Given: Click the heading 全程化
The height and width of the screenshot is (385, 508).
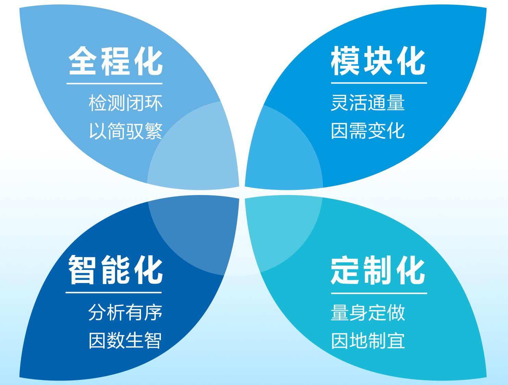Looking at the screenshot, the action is tap(115, 61).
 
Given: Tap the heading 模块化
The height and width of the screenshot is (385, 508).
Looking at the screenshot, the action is tap(378, 61).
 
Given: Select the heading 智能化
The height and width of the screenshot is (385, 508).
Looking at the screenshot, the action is tap(115, 270).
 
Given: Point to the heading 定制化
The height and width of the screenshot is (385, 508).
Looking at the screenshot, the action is tap(378, 270).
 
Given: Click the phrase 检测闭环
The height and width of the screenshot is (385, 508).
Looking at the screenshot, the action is tap(125, 103).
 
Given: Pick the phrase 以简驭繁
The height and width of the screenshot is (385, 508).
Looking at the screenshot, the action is tap(126, 131).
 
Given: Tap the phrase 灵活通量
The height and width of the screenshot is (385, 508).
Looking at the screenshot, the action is tap(368, 103).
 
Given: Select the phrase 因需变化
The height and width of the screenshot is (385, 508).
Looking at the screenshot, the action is tap(368, 131).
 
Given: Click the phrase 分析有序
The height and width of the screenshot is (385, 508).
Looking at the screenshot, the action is tap(125, 312).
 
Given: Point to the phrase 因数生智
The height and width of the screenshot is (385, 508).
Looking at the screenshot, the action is tap(125, 341).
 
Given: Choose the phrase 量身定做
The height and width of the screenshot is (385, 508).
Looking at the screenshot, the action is tap(368, 312).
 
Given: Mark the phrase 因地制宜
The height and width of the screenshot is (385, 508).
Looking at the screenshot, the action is tap(368, 341).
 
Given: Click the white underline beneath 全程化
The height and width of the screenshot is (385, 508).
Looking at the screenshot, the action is tap(114, 84).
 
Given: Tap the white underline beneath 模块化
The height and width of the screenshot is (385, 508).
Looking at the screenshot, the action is tap(379, 83).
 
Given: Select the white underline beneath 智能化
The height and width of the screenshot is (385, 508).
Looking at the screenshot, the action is tap(113, 293).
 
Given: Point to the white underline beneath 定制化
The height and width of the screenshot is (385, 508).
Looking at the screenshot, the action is tap(379, 293).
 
